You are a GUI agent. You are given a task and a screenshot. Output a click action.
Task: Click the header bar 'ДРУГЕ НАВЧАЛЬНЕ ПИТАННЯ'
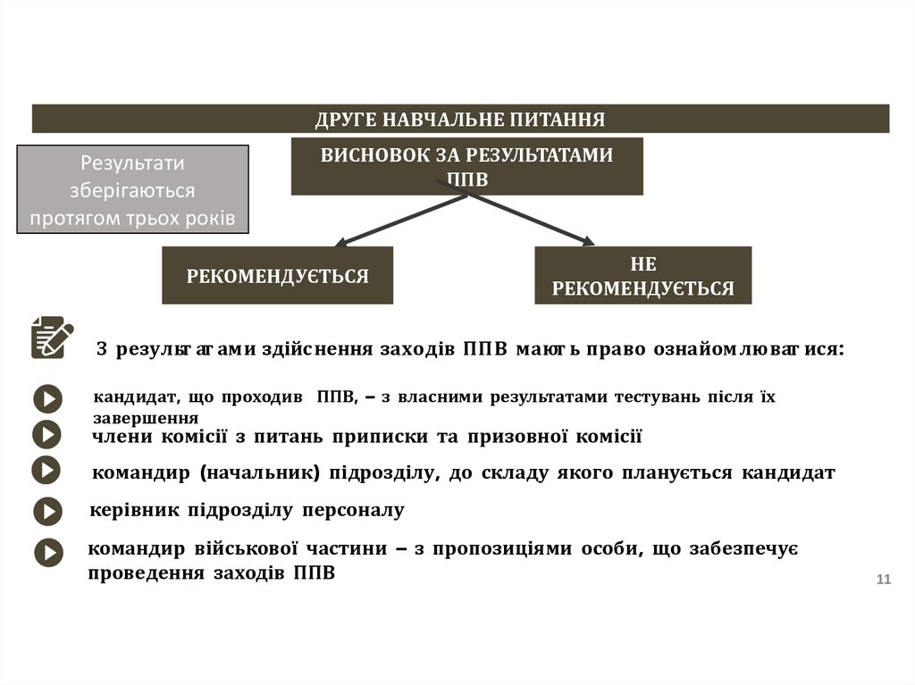tap(460, 119)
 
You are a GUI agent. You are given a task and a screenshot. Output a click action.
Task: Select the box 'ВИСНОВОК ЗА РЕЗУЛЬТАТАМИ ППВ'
tap(466, 166)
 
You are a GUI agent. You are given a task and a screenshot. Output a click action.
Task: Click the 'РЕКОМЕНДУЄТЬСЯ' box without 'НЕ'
tap(277, 276)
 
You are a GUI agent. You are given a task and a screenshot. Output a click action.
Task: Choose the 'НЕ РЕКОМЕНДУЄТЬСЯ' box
tap(642, 276)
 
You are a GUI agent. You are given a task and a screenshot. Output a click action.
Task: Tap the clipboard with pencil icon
tap(52, 338)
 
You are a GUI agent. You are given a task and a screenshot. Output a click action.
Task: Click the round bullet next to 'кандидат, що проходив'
tap(47, 398)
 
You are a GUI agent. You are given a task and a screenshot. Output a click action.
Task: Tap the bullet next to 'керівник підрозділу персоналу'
tap(47, 511)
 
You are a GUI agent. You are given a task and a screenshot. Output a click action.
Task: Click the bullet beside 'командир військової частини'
tap(48, 552)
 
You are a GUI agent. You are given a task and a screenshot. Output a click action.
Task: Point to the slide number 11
tap(884, 581)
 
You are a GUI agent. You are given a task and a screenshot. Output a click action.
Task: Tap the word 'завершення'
tap(145, 417)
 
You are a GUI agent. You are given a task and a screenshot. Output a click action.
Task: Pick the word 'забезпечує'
tap(755, 548)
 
